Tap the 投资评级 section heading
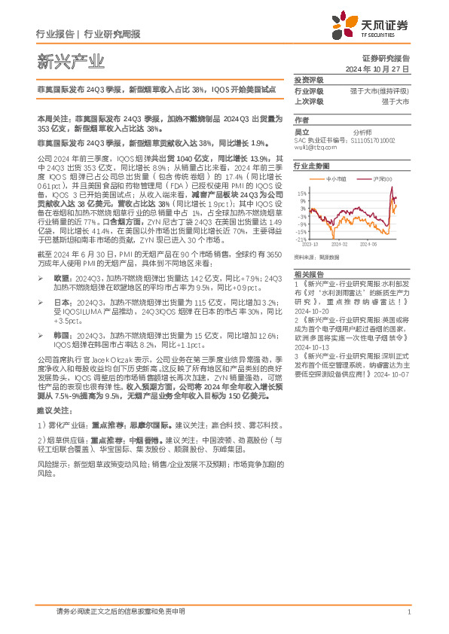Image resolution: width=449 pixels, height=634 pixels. point(308,80)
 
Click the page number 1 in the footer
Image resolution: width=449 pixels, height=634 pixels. point(408,613)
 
